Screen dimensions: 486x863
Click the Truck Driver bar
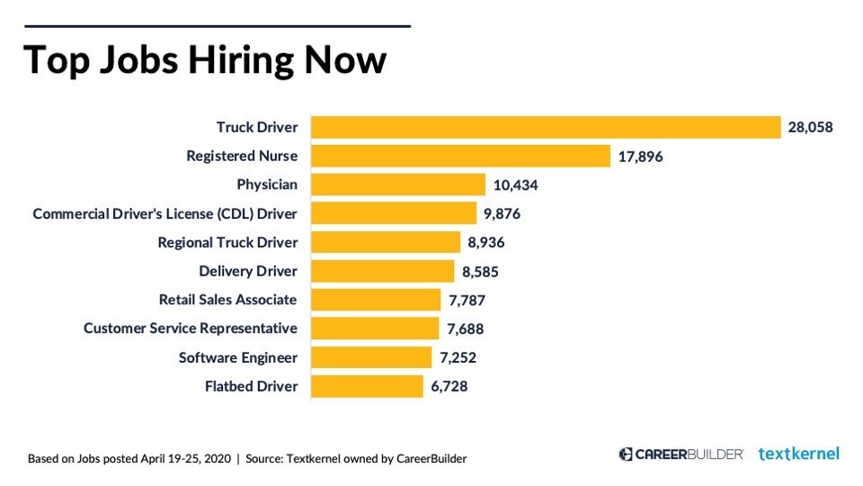click(545, 127)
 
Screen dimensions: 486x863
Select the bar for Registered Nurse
click(460, 156)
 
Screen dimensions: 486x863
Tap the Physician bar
click(398, 184)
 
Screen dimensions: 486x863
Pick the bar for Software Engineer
click(371, 357)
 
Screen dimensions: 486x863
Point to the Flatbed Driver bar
click(367, 386)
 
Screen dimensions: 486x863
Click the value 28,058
click(810, 128)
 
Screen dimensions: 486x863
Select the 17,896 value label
click(641, 157)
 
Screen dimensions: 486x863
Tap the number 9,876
click(503, 214)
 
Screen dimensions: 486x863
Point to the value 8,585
click(480, 272)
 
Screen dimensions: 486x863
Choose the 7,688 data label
click(465, 329)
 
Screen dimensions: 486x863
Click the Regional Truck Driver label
click(227, 243)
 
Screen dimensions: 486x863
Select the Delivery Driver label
click(248, 271)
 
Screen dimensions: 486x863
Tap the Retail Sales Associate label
click(227, 300)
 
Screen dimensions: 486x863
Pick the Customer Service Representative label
click(191, 328)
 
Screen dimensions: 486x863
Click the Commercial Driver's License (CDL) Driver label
click(165, 214)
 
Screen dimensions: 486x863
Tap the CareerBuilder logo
click(681, 454)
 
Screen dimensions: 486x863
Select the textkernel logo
click(798, 454)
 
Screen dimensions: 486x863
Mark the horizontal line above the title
click(217, 27)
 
